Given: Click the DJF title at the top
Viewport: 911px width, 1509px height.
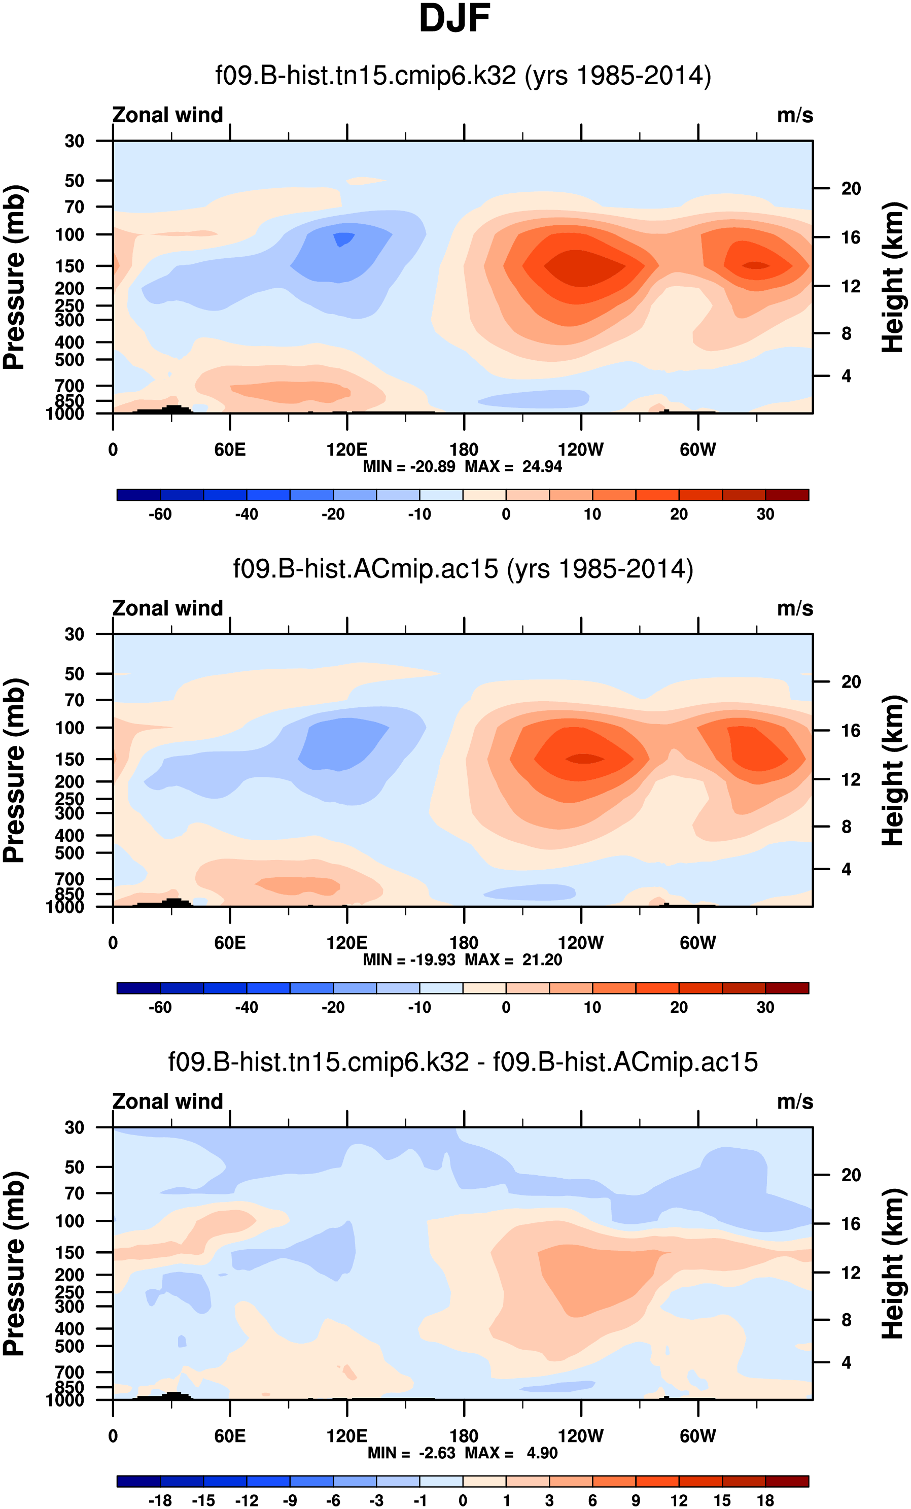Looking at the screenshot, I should tap(454, 19).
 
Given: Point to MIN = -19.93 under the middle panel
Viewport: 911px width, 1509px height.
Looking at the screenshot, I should tap(409, 959).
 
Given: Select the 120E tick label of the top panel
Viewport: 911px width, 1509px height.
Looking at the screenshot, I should tap(346, 450).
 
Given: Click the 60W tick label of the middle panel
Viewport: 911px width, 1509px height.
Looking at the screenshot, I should tap(697, 943).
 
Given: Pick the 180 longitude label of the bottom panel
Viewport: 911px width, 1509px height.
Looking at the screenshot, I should tap(464, 1436).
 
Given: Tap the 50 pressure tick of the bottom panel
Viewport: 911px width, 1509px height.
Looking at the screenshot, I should tap(74, 1168).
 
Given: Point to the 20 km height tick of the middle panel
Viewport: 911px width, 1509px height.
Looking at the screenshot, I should tap(851, 681).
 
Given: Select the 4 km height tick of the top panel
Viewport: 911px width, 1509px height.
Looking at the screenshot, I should tap(846, 376).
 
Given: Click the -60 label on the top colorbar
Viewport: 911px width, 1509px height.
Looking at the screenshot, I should tap(160, 515).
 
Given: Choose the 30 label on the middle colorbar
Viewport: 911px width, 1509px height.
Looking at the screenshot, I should tap(765, 1007).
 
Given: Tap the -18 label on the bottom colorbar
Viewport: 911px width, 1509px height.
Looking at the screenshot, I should tap(160, 1500).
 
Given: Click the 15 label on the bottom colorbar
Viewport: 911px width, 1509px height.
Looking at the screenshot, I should tap(722, 1500).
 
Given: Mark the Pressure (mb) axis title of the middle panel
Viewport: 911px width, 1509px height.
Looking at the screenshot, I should tap(15, 770).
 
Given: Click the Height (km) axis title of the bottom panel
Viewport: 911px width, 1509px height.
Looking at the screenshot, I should tap(893, 1263).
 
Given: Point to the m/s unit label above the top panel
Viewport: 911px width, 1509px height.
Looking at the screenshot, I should tap(795, 115).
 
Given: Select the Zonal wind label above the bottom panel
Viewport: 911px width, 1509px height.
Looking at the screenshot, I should tap(167, 1101).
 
